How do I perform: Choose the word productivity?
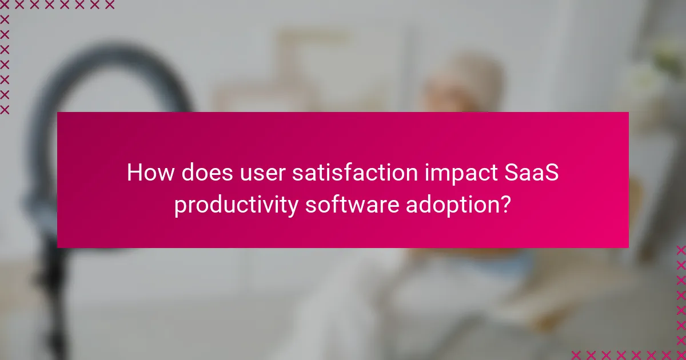tap(236, 204)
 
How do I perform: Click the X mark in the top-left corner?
tap(5, 5)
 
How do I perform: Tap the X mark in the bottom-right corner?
tap(680, 354)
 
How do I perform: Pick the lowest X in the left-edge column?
tap(5, 109)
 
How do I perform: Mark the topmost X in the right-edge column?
tap(680, 250)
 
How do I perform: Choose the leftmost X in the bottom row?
tap(576, 354)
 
